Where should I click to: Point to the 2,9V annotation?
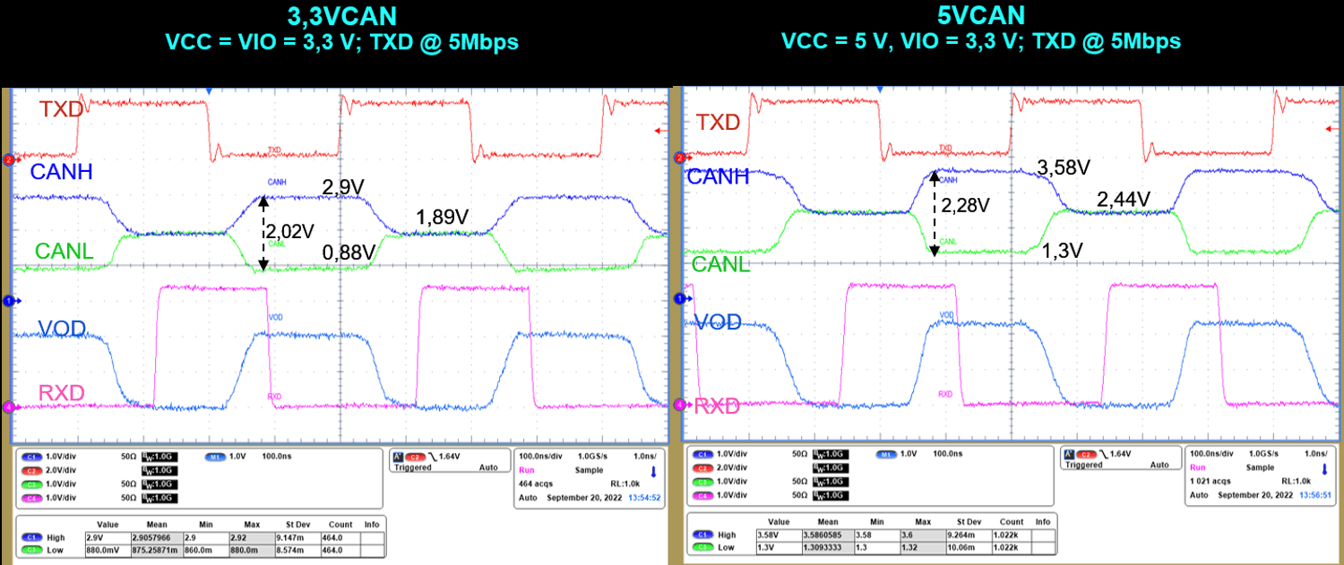pyautogui.click(x=343, y=187)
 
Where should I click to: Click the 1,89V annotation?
pyautogui.click(x=442, y=218)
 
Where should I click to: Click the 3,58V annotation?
pyautogui.click(x=1063, y=167)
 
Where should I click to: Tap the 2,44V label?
pyautogui.click(x=1124, y=199)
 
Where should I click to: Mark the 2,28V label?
pyautogui.click(x=965, y=206)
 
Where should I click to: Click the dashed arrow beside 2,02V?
pyautogui.click(x=263, y=232)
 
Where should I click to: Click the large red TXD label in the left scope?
pyautogui.click(x=62, y=109)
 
